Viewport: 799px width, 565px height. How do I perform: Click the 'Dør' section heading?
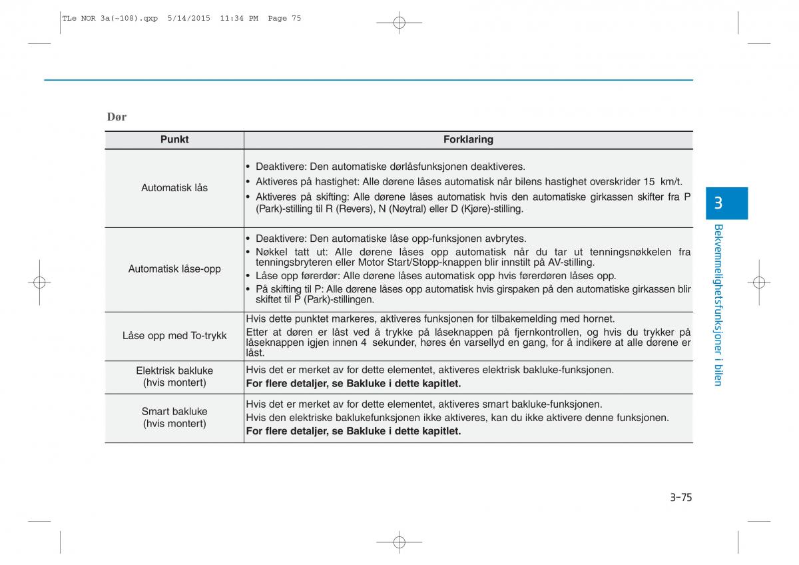click(117, 117)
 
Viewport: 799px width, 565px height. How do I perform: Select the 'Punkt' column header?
click(174, 140)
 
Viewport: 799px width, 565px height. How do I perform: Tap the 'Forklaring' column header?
click(468, 140)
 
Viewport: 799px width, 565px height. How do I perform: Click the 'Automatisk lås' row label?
click(174, 188)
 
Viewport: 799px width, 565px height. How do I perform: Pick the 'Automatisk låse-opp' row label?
click(174, 269)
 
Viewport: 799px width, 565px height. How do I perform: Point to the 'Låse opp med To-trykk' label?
click(174, 336)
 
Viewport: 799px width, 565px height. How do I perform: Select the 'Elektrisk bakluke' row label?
click(174, 370)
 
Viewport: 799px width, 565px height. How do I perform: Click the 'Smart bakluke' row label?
click(174, 412)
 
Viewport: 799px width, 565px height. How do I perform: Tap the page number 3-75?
click(681, 497)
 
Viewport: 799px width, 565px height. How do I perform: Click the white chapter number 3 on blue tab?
click(718, 204)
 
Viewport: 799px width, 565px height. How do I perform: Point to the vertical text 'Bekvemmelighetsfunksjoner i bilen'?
click(718, 304)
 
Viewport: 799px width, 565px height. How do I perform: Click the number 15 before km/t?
click(649, 181)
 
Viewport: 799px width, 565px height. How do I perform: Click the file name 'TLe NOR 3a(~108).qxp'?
click(110, 19)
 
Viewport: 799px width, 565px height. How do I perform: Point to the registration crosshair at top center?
click(399, 23)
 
